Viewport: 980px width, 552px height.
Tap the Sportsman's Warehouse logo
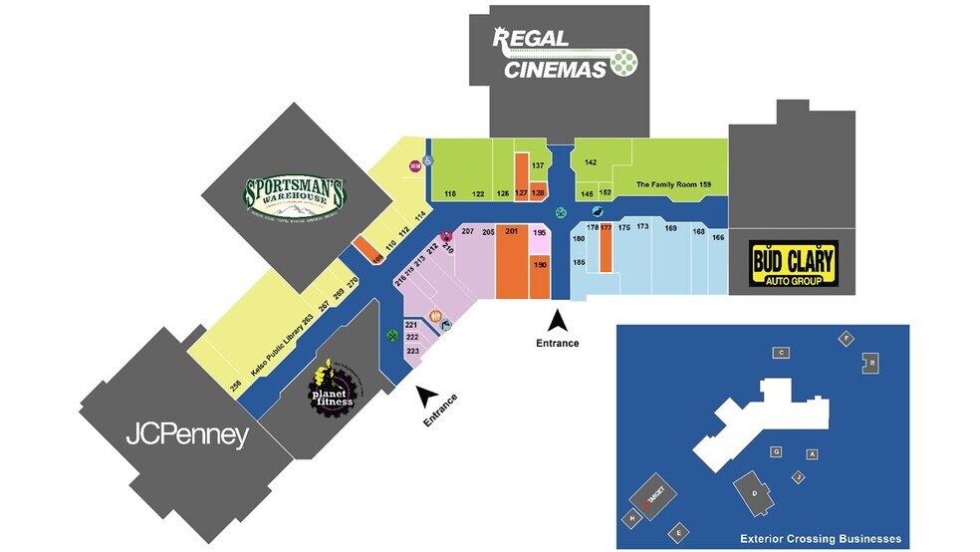[295, 195]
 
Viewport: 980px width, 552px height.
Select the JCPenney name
[186, 435]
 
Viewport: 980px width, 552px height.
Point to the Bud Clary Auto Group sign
[793, 264]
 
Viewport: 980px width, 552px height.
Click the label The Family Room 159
[674, 184]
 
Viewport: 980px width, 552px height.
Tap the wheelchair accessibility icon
[430, 159]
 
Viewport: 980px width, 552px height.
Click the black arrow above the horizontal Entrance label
[559, 321]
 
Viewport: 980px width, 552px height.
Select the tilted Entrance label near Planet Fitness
[440, 411]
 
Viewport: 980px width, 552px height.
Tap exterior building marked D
[755, 492]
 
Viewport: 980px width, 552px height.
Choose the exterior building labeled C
[782, 353]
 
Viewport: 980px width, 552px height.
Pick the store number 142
[591, 161]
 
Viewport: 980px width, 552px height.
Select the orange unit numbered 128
[538, 192]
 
